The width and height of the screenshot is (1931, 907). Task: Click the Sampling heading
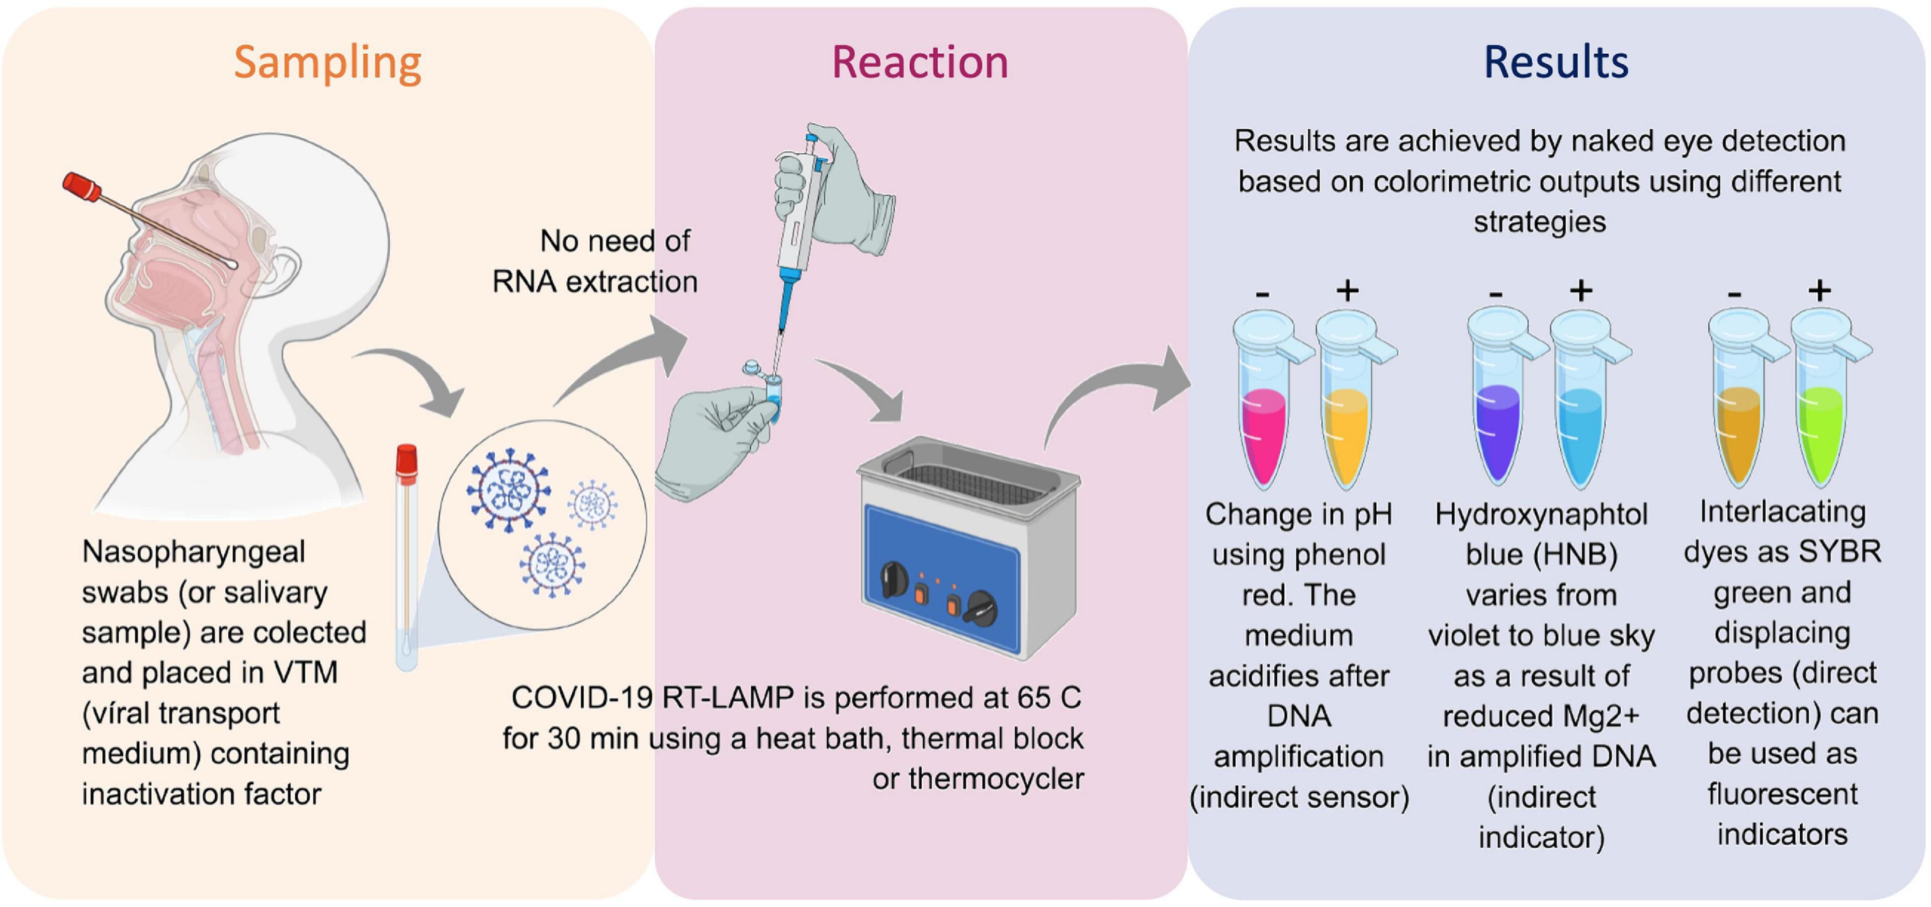327,63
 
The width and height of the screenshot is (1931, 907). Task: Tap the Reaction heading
920,63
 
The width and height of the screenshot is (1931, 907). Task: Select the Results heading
1556,63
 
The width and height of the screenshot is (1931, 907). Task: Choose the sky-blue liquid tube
1579,435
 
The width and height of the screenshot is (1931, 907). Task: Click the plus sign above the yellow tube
1347,290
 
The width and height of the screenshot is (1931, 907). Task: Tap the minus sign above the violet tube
1496,294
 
